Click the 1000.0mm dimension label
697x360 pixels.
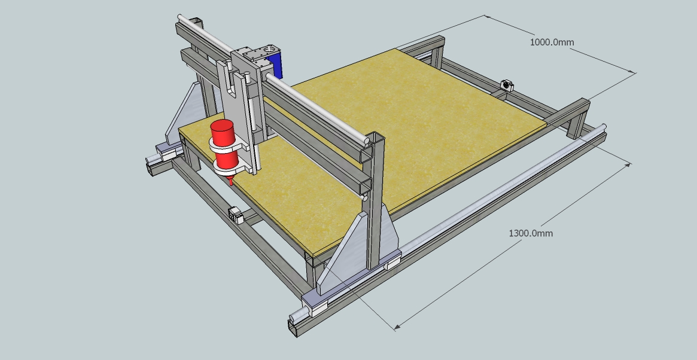click(x=552, y=42)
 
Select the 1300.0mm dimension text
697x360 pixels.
click(x=531, y=233)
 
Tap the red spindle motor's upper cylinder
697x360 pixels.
click(x=223, y=132)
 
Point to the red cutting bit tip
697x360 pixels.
click(x=230, y=183)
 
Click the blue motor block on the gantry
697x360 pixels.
click(x=276, y=65)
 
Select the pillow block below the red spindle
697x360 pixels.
click(x=236, y=215)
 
